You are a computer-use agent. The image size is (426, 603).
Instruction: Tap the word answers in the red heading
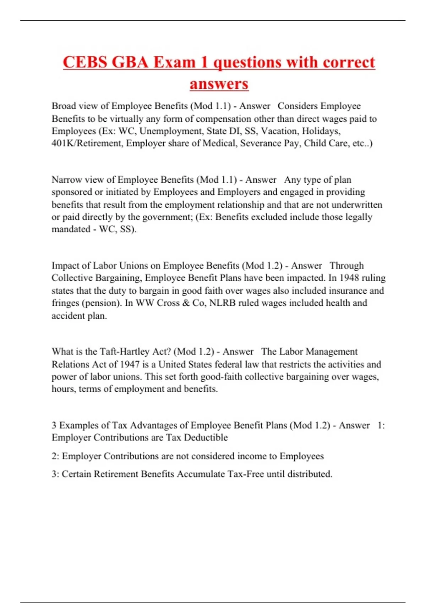pos(219,84)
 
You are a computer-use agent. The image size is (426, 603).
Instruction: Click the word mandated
pos(71,229)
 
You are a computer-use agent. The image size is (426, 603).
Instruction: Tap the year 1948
pos(349,278)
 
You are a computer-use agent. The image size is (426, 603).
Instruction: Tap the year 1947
pos(130,364)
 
